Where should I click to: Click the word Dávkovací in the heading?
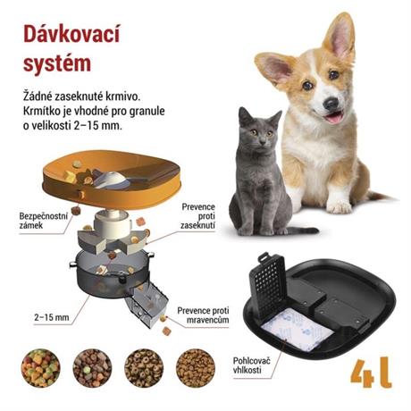click(71, 35)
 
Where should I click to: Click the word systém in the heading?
click(57, 63)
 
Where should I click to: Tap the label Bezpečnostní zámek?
click(44, 221)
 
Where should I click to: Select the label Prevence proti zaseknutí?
click(197, 216)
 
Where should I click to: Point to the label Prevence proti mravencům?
click(204, 315)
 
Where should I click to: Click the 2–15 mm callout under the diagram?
click(52, 317)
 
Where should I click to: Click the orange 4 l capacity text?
click(371, 373)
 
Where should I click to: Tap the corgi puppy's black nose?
click(331, 103)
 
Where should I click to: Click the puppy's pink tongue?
click(332, 117)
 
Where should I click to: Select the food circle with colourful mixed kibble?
click(40, 368)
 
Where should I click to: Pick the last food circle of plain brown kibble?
click(196, 368)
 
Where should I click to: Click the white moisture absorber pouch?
click(298, 329)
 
